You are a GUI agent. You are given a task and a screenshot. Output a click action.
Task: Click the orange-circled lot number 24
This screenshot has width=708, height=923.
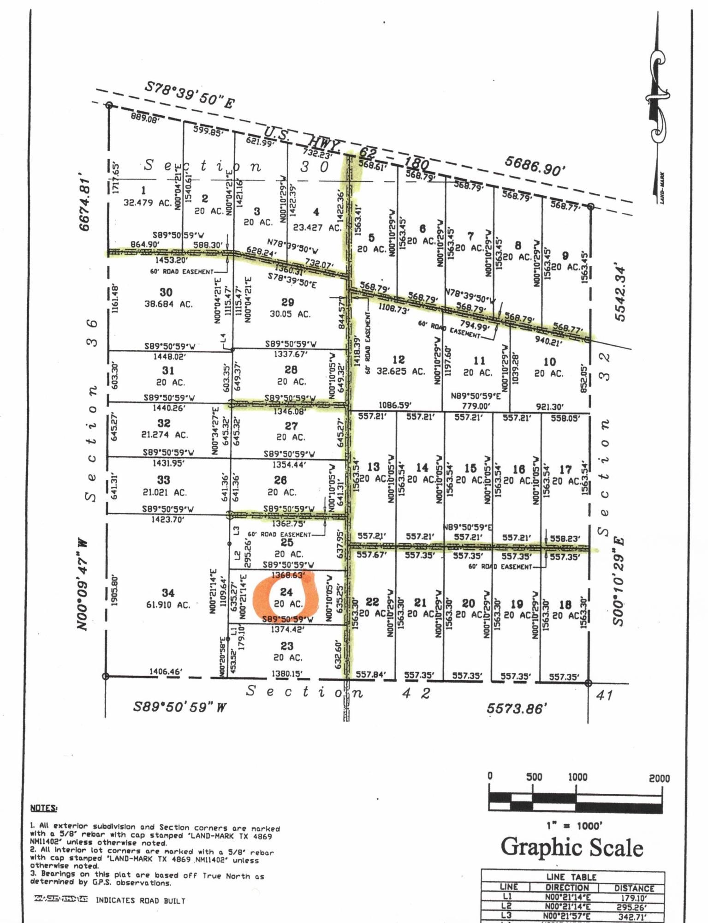point(286,592)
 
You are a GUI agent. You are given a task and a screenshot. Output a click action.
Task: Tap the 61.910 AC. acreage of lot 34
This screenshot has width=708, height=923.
point(168,605)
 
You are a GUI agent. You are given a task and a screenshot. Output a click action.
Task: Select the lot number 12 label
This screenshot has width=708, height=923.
point(399,360)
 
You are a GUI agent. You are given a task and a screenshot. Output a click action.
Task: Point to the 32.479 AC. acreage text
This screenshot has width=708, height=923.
point(148,202)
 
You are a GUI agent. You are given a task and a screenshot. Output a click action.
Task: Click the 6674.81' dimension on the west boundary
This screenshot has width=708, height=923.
point(84,202)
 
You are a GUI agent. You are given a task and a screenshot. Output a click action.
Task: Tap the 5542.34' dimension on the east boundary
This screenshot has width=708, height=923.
point(620,294)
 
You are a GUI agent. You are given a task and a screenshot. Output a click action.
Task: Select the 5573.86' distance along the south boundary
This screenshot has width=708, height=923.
point(517,708)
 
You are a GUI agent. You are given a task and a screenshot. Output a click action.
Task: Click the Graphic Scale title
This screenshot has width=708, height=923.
point(572,847)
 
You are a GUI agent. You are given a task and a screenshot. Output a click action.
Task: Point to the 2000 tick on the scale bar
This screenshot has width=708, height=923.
point(659,778)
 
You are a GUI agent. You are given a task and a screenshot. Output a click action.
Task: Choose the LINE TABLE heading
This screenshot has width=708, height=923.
point(571,877)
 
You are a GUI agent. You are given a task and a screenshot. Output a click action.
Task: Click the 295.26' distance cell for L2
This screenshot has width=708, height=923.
point(634,906)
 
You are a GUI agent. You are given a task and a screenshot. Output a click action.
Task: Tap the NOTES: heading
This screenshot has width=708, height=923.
point(44,808)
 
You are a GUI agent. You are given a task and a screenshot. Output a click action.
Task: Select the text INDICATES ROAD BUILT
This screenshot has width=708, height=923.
point(140,900)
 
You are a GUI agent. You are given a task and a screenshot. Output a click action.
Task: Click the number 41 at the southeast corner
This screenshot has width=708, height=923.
point(604,695)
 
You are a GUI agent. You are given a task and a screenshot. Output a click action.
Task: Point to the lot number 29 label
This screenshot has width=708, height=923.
point(287,302)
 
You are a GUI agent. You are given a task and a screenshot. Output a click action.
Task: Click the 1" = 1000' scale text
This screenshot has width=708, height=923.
point(574,826)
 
